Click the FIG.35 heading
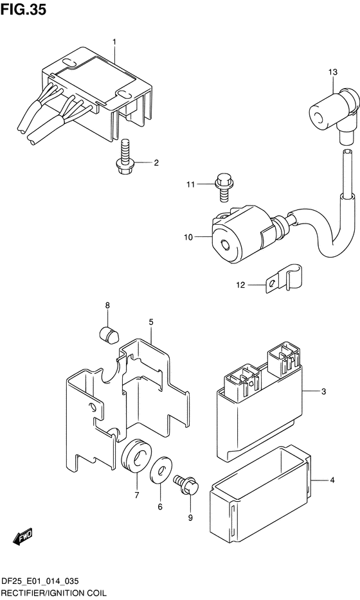click(23, 10)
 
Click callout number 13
click(333, 72)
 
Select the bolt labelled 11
click(222, 187)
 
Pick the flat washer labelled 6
click(161, 469)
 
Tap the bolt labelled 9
click(186, 484)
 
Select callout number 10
click(188, 237)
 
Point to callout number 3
click(323, 391)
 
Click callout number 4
click(332, 480)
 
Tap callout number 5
click(151, 322)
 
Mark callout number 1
click(114, 41)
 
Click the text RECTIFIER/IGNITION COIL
click(53, 593)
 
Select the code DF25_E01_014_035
click(40, 581)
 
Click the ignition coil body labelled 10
click(241, 235)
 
